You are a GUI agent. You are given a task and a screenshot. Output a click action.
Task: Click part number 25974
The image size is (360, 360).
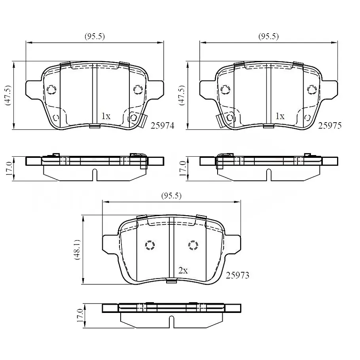pos(162,125)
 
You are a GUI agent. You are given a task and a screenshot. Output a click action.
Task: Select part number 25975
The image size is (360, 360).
pos(330,125)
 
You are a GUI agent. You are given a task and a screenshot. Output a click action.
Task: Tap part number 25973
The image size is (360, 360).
pos(237,275)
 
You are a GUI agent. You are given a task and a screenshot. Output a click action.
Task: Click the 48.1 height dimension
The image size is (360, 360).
pos(77,250)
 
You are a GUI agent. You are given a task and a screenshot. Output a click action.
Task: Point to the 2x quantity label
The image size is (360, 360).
pos(183,271)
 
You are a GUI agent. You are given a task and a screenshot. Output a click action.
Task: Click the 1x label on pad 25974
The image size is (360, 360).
pos(106,116)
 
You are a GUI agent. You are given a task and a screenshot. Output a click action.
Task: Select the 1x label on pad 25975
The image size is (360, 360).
pos(280,116)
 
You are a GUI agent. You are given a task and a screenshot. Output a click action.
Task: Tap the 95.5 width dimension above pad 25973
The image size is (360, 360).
pos(171,195)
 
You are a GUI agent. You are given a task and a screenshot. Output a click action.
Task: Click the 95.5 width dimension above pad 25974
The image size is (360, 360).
pos(95,36)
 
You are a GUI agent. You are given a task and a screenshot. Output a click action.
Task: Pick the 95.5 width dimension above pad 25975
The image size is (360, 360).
pos(268,36)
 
